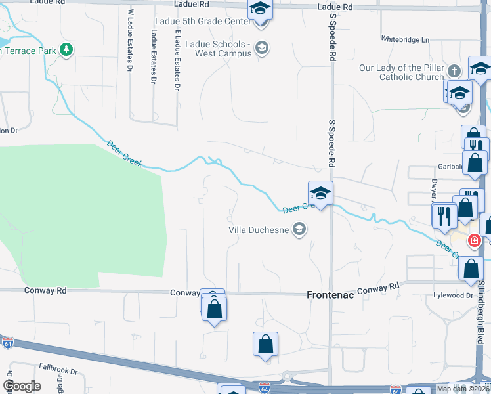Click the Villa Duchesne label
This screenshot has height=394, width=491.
click(259, 230)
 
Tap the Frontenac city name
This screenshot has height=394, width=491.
click(331, 295)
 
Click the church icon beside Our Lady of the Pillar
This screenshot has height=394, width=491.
click(454, 70)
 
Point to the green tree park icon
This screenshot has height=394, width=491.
click(66, 49)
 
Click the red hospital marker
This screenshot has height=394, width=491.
click(474, 241)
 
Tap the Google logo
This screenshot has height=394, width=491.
click(22, 386)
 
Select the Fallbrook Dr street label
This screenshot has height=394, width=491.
click(58, 368)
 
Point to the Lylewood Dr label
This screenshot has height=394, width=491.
click(453, 295)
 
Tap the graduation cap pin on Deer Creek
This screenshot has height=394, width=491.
click(320, 193)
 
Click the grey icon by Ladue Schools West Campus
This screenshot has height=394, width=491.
click(261, 47)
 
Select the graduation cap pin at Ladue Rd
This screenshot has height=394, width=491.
click(261, 9)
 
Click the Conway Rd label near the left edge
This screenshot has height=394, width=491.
click(45, 290)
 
